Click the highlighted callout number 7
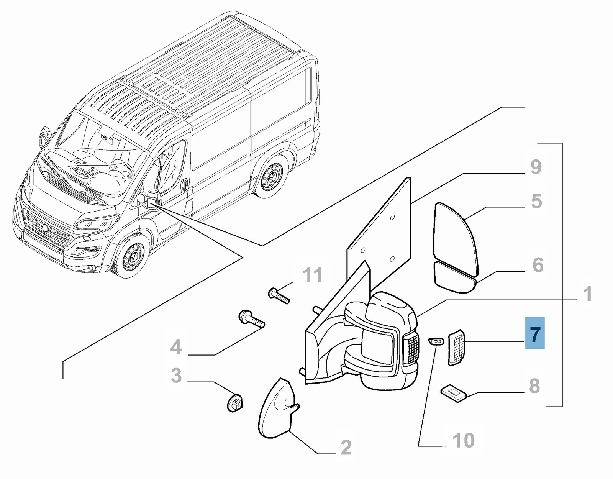coord(535,333)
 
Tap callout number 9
coord(536,167)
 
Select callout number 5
coord(536,202)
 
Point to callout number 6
coord(538,265)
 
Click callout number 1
coord(587,294)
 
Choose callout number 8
coord(534,386)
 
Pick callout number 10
coord(464,441)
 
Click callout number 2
coord(346,448)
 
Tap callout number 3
coord(176,376)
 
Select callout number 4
coord(176,347)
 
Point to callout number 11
coord(313,275)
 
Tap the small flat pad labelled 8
coord(454,394)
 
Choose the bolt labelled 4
coord(251,319)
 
